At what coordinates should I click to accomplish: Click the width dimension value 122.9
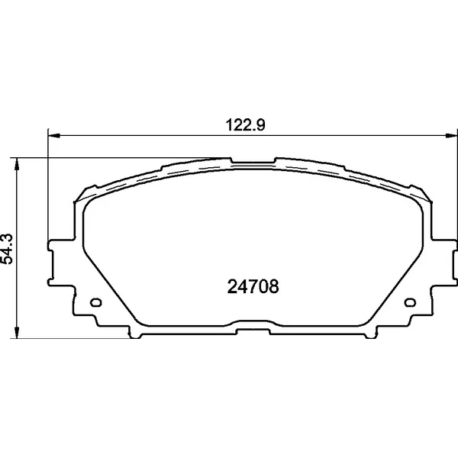pos(245,125)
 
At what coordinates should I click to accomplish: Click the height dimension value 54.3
pos(8,249)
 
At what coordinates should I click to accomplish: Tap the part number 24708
pos(253,286)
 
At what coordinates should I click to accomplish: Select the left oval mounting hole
pos(96,302)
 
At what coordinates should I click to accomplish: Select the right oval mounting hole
pos(410,302)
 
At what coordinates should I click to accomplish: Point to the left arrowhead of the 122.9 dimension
pos(53,136)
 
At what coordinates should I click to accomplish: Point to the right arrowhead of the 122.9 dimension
pos(451,136)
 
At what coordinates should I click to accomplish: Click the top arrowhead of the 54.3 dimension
pos(18,164)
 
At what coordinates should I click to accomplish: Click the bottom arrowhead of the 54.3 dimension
pos(18,332)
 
